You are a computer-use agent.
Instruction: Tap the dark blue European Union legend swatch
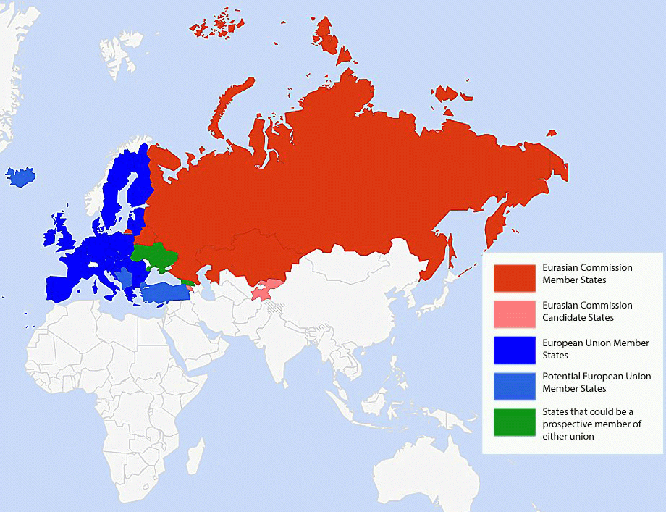click(x=515, y=350)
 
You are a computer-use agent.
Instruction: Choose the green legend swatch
click(x=515, y=422)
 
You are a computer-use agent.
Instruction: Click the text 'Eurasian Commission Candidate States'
click(x=587, y=311)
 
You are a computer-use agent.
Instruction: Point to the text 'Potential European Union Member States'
click(x=596, y=382)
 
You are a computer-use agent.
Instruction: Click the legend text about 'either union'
click(x=591, y=424)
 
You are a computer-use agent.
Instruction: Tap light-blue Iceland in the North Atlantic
click(x=21, y=176)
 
